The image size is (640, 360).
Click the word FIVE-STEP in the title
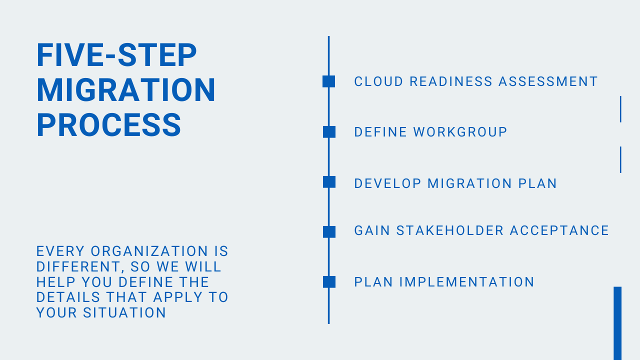point(116,55)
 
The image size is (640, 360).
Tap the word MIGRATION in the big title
point(126,90)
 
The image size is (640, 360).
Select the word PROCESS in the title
point(109,125)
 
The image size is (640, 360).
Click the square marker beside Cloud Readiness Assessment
point(329,81)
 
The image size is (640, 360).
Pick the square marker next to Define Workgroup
point(329,132)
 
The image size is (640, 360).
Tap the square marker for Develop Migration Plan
point(329,182)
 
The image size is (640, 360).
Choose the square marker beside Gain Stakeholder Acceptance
point(329,231)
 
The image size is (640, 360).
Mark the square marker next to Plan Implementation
point(329,281)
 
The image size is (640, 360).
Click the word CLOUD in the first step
point(378,81)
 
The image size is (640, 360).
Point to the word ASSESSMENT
point(548,81)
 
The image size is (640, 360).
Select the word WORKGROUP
point(460,132)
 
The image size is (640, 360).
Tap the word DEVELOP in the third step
point(387,183)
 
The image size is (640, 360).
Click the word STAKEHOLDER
point(449,230)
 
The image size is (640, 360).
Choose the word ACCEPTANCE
point(559,230)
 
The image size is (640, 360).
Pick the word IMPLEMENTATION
point(466,282)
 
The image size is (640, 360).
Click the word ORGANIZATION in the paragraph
point(149,251)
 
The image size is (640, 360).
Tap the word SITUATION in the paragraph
point(124,312)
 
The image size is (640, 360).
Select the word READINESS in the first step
point(451,81)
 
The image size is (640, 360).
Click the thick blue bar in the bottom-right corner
point(617,323)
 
